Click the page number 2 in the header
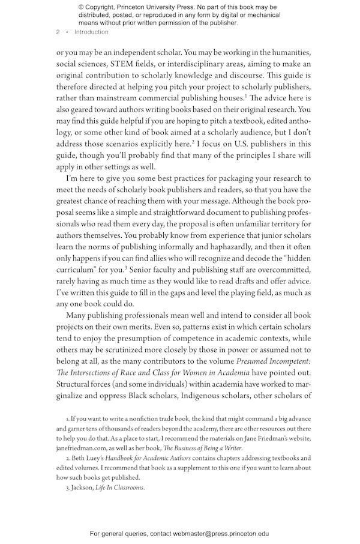58,32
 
